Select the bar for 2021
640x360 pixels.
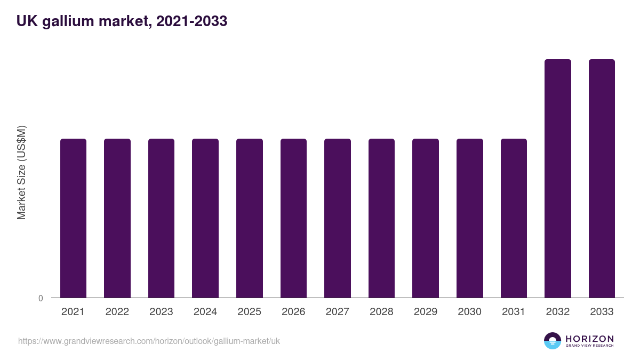pos(73,218)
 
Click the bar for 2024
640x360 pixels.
pos(205,218)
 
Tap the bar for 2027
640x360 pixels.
pos(338,218)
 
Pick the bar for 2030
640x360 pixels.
pos(470,218)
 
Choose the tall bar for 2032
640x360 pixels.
pos(558,179)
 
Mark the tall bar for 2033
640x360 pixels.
pos(602,179)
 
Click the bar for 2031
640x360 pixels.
pos(514,218)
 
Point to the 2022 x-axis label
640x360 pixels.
pos(117,312)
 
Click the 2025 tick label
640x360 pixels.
pos(249,312)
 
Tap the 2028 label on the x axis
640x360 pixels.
pos(381,312)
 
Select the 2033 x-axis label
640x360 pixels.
pos(602,312)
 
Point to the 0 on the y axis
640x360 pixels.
pos(41,298)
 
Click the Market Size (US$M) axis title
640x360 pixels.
pos(21,172)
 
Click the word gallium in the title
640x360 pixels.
pos(59,21)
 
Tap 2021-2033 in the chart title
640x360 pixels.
pos(189,21)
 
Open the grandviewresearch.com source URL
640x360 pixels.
pos(149,341)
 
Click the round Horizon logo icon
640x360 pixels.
pos(553,341)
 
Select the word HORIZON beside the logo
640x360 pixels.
pos(589,338)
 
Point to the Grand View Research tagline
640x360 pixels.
pos(589,346)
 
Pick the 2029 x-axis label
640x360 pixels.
pos(426,312)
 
